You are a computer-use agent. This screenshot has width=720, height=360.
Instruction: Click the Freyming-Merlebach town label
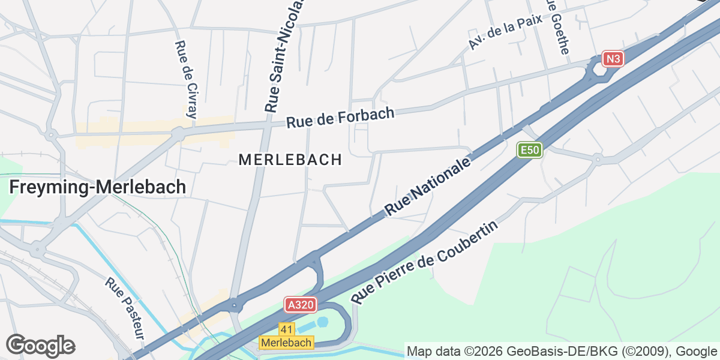pyautogui.click(x=97, y=187)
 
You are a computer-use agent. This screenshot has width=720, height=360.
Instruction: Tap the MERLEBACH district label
pyautogui.click(x=290, y=160)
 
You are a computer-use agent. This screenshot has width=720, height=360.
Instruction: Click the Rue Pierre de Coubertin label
pyautogui.click(x=425, y=263)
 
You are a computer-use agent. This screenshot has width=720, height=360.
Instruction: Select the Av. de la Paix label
pyautogui.click(x=505, y=32)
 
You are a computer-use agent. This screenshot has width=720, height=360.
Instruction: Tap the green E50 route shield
pyautogui.click(x=530, y=150)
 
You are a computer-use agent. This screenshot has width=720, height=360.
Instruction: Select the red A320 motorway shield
pyautogui.click(x=300, y=305)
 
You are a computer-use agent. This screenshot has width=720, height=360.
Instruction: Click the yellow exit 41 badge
pyautogui.click(x=287, y=329)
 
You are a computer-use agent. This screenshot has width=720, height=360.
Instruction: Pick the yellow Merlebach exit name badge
pyautogui.click(x=286, y=343)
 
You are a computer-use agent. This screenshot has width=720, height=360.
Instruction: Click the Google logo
pyautogui.click(x=41, y=346)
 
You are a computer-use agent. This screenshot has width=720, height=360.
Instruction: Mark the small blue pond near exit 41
pyautogui.click(x=323, y=322)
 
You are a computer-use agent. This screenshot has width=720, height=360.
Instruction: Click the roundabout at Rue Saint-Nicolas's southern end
pyautogui.click(x=235, y=305)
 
